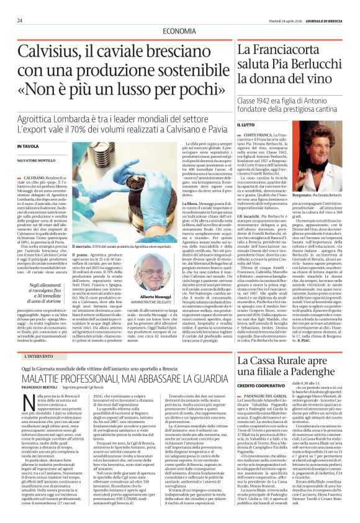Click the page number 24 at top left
click(20, 20)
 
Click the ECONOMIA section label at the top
click(179, 31)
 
